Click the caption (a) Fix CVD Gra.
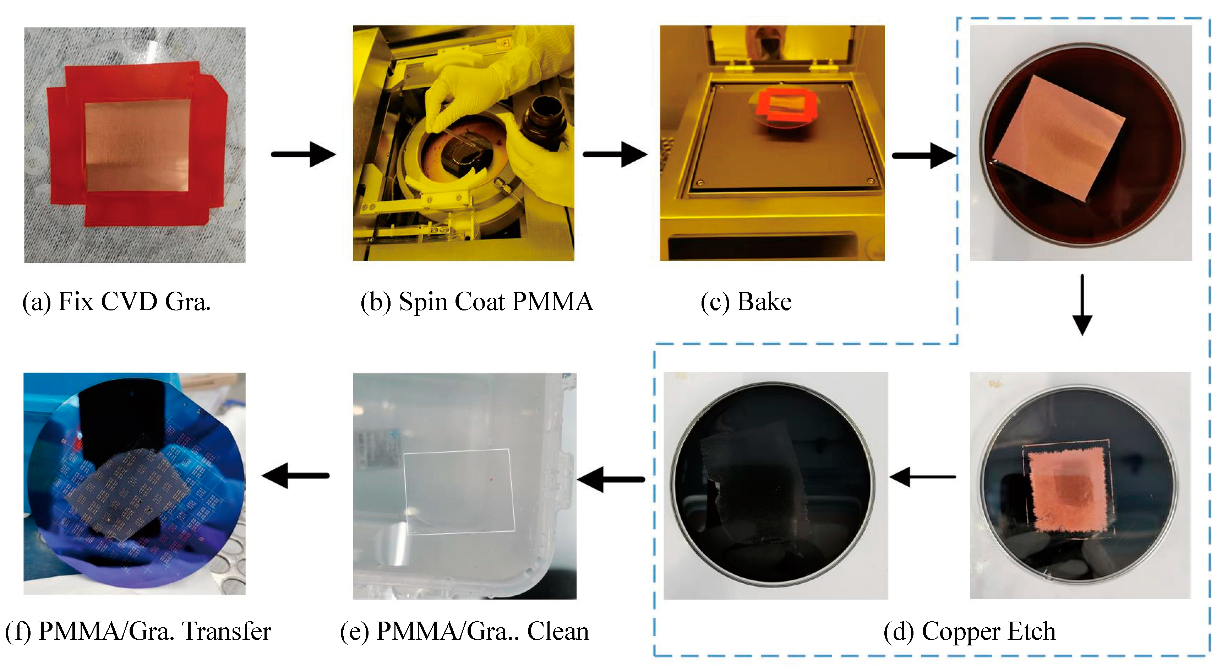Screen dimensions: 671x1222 pyautogui.click(x=116, y=302)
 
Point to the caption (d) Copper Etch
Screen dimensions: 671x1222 pyautogui.click(x=969, y=632)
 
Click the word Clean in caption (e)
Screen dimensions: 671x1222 pyautogui.click(x=557, y=632)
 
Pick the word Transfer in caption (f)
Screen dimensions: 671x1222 pyautogui.click(x=227, y=632)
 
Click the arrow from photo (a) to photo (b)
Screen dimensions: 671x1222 pyautogui.click(x=304, y=154)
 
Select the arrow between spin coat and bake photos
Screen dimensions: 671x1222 pyautogui.click(x=615, y=154)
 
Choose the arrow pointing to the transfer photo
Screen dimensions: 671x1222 pyautogui.click(x=295, y=476)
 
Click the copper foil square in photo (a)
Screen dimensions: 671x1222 pyautogui.click(x=137, y=146)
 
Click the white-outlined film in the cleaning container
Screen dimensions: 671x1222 pyautogui.click(x=459, y=491)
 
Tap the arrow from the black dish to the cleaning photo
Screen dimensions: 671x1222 pyautogui.click(x=611, y=479)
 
